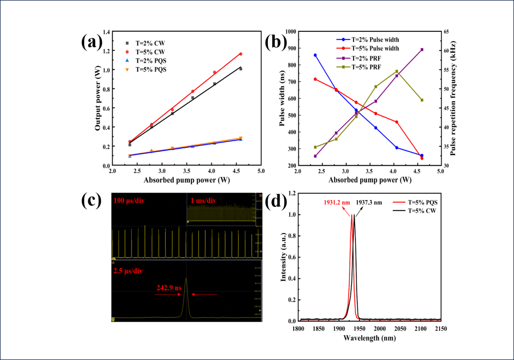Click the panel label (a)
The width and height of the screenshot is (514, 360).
91,42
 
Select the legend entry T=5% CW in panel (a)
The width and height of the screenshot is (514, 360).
150,51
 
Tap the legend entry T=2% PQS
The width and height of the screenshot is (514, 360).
151,61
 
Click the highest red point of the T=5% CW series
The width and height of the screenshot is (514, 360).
240,54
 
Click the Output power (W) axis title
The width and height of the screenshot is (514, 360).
98,99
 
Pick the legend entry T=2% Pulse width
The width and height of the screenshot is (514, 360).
375,39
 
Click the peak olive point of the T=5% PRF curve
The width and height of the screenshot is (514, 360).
396,71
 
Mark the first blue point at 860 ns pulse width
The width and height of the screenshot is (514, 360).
315,55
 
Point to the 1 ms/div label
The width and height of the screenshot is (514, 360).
203,201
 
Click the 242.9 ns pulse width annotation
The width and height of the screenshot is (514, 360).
169,288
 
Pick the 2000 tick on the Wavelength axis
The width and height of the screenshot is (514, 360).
379,328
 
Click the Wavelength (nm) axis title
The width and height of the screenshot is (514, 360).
369,338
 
